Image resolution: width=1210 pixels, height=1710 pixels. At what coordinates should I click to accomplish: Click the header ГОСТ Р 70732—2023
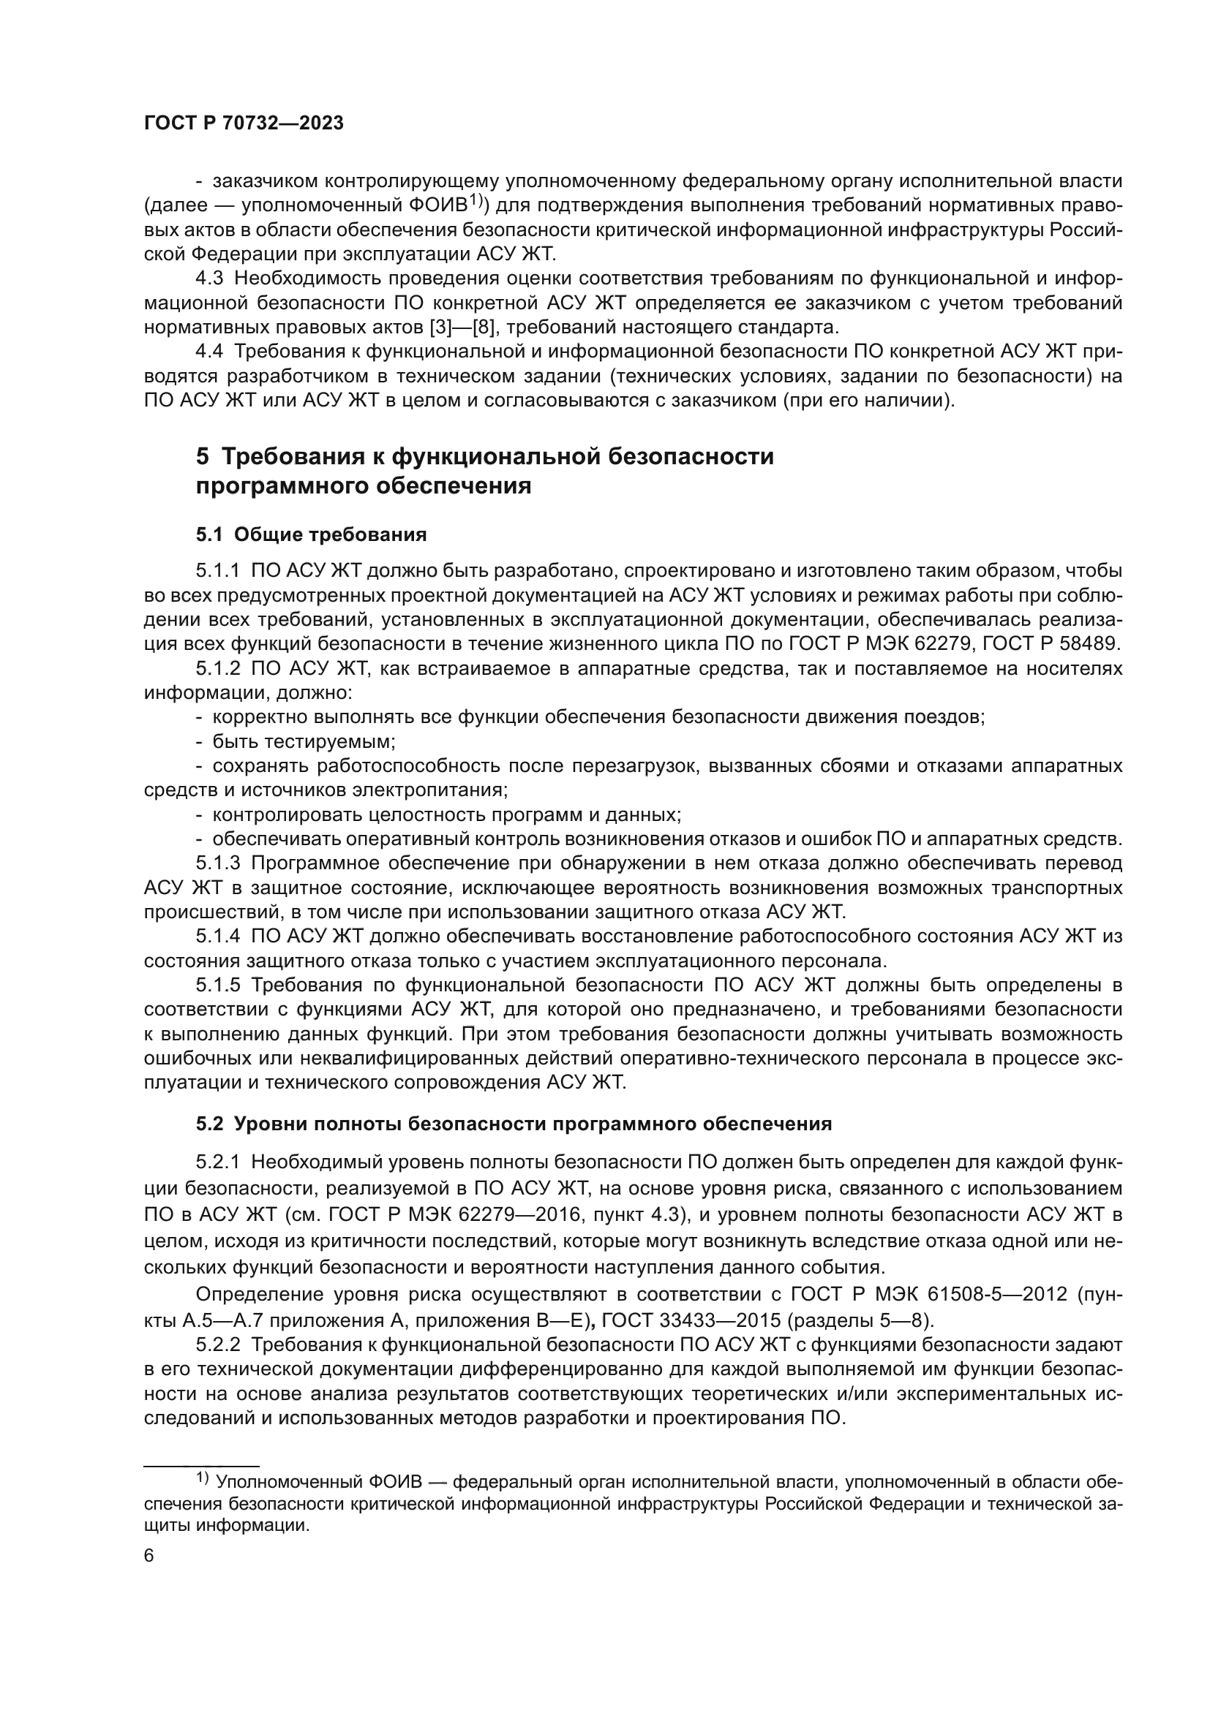tap(244, 124)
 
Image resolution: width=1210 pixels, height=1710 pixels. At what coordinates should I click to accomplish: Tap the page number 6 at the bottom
tap(149, 1556)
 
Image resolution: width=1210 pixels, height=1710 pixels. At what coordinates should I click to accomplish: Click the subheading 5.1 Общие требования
tap(312, 534)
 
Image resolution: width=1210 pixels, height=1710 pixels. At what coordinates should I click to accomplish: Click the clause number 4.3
tap(211, 279)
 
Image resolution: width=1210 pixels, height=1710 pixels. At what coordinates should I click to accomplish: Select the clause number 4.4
tap(211, 352)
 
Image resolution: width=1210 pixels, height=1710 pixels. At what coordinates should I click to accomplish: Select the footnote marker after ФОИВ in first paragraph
tap(478, 201)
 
